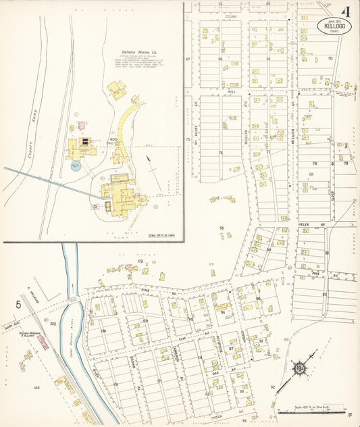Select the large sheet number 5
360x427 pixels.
coord(18,305)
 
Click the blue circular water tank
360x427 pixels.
coord(76,166)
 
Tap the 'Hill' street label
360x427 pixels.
coord(232,89)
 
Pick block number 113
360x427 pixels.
coord(140,261)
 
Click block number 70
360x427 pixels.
coord(330,59)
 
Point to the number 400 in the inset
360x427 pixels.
coord(113,139)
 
